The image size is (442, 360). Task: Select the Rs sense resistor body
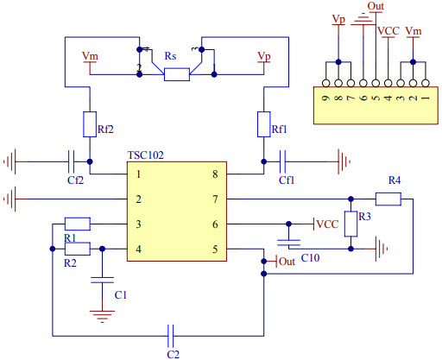click(x=177, y=75)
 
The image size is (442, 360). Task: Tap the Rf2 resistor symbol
click(x=91, y=124)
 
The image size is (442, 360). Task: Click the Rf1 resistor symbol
click(x=264, y=124)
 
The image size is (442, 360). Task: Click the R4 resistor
click(x=388, y=199)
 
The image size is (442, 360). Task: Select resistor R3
click(x=350, y=223)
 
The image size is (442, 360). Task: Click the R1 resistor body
click(x=78, y=223)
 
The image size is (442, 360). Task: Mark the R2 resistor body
click(x=78, y=249)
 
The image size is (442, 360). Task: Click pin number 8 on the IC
click(x=215, y=174)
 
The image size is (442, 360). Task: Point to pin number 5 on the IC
click(x=215, y=250)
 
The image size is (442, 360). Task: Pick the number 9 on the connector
click(x=325, y=100)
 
